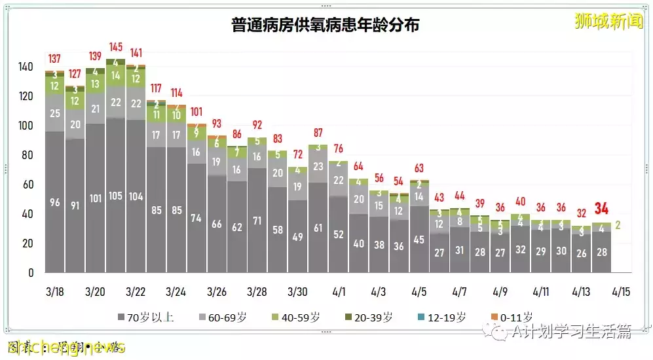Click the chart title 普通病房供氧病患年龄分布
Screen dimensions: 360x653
(x=326, y=26)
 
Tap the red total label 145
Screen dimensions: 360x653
(x=115, y=47)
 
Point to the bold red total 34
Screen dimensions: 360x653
(x=601, y=209)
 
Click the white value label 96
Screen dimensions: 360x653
(x=55, y=203)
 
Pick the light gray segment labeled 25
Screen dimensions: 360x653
(x=55, y=114)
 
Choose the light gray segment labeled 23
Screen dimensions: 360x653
(x=318, y=166)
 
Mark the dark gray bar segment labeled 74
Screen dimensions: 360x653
(x=196, y=219)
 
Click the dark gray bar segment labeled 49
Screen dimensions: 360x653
(x=298, y=237)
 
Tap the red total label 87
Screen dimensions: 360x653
(x=318, y=133)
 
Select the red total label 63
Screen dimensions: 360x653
(x=419, y=168)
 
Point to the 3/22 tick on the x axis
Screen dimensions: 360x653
(x=136, y=291)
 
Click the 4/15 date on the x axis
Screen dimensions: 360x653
(x=622, y=291)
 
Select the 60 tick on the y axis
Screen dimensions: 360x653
(x=28, y=185)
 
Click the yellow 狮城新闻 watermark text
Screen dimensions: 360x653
(x=608, y=22)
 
